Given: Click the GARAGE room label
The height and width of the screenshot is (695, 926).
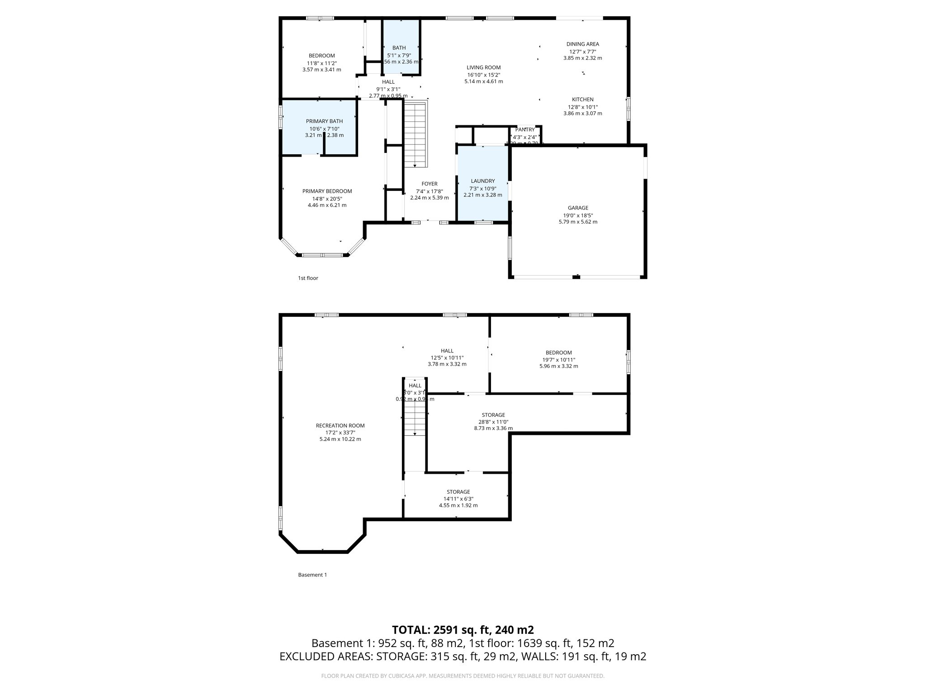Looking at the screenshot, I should (578, 208).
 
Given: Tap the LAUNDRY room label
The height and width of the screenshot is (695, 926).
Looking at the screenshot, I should (482, 181).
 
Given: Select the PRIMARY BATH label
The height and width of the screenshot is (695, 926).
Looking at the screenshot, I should (324, 121).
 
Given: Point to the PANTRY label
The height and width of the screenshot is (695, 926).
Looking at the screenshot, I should (524, 130).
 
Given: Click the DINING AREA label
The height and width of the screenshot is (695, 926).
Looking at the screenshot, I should (582, 44).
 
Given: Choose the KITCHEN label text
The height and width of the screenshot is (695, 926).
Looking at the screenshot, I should (582, 100).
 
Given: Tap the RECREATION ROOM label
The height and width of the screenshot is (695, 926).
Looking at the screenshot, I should (340, 426).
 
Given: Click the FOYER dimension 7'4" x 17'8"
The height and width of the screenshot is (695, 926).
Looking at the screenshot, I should (429, 191).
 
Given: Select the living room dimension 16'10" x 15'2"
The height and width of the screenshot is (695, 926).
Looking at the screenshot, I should (483, 75).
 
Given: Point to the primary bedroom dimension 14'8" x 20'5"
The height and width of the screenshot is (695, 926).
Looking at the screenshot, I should (327, 198).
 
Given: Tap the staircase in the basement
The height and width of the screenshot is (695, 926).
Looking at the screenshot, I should (415, 419).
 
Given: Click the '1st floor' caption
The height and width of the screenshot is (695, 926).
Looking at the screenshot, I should (308, 278).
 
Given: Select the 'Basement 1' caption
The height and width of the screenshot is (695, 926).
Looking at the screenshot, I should (312, 575).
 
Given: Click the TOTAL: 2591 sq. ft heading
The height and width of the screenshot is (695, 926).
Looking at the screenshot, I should (463, 630).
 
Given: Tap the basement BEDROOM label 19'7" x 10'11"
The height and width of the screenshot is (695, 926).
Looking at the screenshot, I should (558, 353).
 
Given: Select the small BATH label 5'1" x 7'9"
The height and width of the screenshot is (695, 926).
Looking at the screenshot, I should (399, 48).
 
